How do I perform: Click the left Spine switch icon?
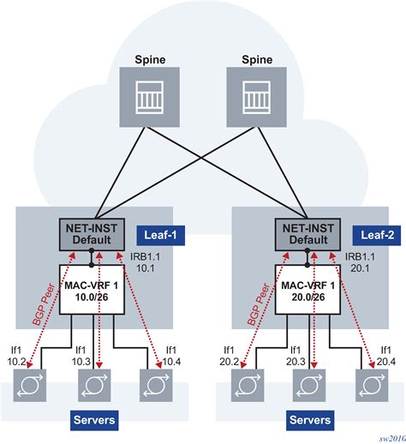click(x=149, y=97)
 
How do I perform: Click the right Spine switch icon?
click(x=256, y=97)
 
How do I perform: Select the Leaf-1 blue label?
click(x=161, y=236)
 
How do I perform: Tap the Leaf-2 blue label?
click(x=377, y=236)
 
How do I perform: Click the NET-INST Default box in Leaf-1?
click(x=92, y=235)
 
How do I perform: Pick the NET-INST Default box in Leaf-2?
click(x=307, y=235)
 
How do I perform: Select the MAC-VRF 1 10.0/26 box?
click(x=92, y=290)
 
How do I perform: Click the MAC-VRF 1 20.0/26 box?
click(x=307, y=290)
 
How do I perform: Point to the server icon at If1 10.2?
click(x=30, y=386)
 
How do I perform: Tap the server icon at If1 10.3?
click(x=94, y=386)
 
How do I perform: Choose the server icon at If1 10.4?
click(x=156, y=386)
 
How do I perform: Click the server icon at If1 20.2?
click(x=248, y=386)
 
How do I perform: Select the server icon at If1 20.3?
click(x=309, y=386)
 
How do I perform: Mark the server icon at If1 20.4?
click(x=372, y=386)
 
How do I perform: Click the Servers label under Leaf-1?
click(x=94, y=420)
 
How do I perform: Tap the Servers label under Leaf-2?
click(x=310, y=420)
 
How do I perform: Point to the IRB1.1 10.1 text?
click(x=146, y=262)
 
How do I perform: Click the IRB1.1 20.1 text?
click(x=360, y=262)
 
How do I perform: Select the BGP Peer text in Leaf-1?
click(x=43, y=304)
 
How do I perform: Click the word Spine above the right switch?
click(x=257, y=59)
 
